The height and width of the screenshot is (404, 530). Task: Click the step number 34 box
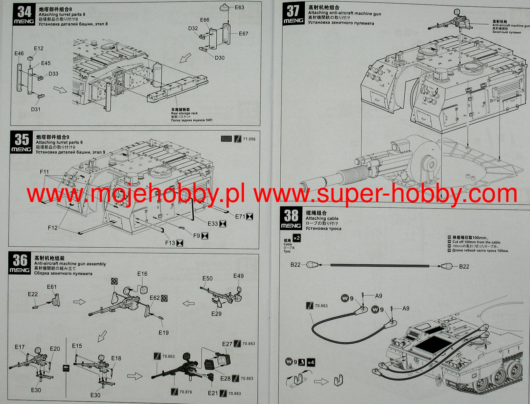point(24,14)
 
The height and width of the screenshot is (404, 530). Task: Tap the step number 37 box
point(293,14)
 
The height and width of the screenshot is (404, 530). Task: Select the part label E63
point(239,7)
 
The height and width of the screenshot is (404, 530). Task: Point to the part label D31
point(36,109)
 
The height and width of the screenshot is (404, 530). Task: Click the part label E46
point(19,53)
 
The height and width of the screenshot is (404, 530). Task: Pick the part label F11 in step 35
point(44,172)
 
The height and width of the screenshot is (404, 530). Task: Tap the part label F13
point(170,243)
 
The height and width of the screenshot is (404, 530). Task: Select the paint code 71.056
point(249,139)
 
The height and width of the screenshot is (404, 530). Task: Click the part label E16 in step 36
point(142,274)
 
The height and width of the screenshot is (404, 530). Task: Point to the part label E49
point(238,276)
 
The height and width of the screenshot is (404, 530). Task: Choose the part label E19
point(164,333)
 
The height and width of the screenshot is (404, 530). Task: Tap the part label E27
point(227,344)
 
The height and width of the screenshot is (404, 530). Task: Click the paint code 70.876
point(186,392)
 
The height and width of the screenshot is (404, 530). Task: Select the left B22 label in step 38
point(295,265)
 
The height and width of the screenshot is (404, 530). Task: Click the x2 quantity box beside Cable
point(297,238)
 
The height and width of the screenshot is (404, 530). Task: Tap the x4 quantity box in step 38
point(311,362)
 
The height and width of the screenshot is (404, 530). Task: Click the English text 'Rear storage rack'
point(184,113)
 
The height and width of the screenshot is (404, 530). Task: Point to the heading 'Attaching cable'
point(322,218)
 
